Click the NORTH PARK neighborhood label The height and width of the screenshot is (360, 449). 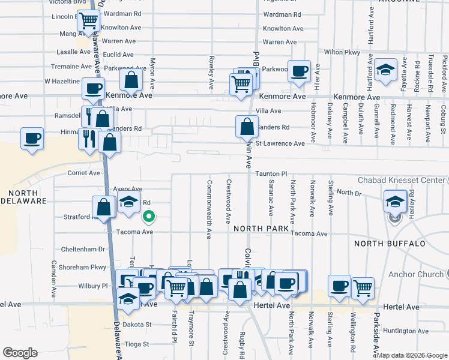tap(262, 229)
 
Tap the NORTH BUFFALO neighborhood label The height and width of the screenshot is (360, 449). tap(390, 244)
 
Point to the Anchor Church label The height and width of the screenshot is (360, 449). tap(414, 274)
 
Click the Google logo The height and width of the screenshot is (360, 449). tap(20, 353)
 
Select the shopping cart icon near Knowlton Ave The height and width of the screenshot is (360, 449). tap(89, 21)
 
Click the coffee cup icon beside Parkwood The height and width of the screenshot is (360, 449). tap(299, 71)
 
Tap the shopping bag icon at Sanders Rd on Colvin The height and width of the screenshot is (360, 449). tap(247, 127)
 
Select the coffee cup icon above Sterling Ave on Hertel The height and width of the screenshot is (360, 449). tap(339, 286)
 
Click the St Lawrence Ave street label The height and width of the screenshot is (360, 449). tap(280, 143)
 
